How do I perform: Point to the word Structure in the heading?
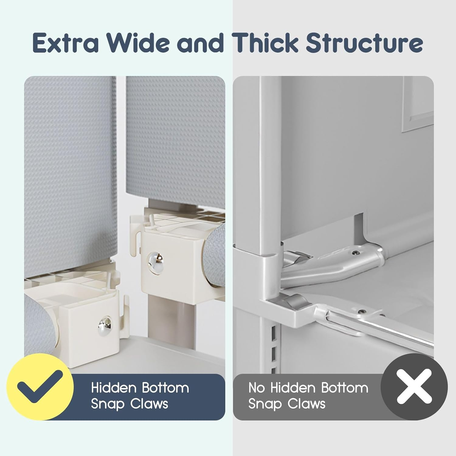coord(364,43)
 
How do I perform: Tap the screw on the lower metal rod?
coord(362,312)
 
